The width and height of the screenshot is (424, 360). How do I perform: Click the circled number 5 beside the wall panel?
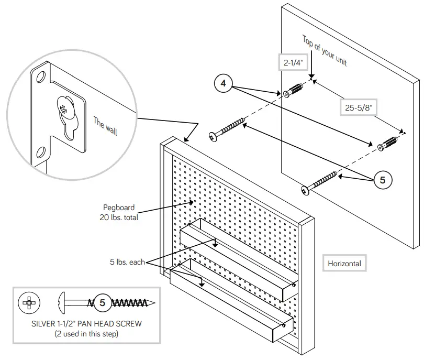click(x=383, y=180)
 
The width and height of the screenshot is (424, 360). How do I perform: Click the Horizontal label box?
click(x=344, y=264)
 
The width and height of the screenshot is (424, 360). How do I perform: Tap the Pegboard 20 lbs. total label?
click(x=120, y=213)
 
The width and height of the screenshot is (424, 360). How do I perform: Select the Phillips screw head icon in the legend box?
click(x=29, y=302)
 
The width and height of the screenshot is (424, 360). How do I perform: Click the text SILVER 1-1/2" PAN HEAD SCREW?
click(x=86, y=323)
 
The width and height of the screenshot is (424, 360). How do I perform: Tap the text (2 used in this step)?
click(x=86, y=333)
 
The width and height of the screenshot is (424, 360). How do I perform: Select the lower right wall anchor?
click(x=389, y=144)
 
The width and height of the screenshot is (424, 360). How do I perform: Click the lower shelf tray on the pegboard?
click(x=230, y=304)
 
